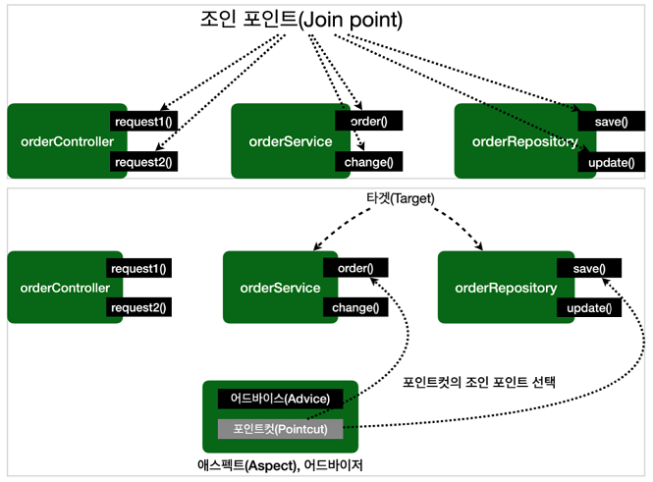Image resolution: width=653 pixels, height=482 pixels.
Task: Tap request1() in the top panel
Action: click(143, 122)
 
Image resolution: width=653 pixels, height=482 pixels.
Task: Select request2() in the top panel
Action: click(143, 162)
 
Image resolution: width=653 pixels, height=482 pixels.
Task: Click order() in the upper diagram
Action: click(368, 122)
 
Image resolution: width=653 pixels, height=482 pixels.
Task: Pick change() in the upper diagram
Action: click(368, 162)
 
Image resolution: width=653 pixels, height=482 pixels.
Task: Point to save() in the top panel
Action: click(605, 122)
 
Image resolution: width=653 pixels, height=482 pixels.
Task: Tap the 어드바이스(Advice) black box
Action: click(280, 399)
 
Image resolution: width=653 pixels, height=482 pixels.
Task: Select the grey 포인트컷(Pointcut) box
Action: click(280, 429)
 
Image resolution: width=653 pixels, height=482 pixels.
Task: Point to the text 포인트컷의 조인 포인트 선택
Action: click(479, 382)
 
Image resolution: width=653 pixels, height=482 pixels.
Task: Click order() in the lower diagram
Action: click(355, 268)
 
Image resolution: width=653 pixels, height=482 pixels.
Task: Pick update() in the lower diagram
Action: click(589, 308)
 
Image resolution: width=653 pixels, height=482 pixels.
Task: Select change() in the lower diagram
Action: click(355, 308)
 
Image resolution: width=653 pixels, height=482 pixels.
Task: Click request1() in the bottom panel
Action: click(139, 268)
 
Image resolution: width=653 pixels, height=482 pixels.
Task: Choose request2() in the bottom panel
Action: click(139, 308)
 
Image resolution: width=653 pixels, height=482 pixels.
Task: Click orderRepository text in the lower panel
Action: click(506, 288)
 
